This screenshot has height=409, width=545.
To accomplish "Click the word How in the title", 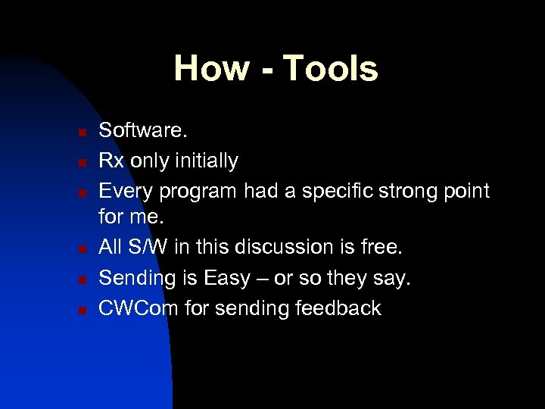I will point(211,68).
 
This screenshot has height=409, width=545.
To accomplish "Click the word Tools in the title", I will point(330,68).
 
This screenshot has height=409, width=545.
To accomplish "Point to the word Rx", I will point(112,161).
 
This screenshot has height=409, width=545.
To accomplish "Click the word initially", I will point(206,161).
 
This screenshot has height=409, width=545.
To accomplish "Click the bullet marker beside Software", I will point(81,133).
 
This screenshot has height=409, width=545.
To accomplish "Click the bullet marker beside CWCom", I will point(81,309).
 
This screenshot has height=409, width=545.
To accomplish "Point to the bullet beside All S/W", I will point(81,249).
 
